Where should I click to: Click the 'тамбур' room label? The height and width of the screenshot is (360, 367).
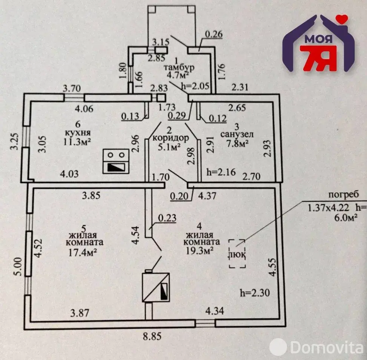(x=179, y=67)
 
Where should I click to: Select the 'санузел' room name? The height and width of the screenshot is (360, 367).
(x=237, y=134)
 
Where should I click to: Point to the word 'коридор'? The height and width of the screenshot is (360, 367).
(x=170, y=138)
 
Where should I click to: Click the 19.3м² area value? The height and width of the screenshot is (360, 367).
(x=200, y=251)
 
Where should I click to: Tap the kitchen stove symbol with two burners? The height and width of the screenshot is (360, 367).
(x=116, y=161)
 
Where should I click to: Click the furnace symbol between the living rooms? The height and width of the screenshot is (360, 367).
(x=156, y=287)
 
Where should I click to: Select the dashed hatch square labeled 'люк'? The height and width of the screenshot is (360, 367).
(x=237, y=253)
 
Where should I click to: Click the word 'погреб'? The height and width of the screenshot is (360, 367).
(x=344, y=195)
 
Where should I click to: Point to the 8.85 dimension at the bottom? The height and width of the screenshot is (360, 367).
(x=152, y=336)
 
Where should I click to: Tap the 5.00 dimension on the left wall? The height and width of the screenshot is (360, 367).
(x=19, y=267)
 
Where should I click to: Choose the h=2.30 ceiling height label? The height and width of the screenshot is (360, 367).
(x=255, y=293)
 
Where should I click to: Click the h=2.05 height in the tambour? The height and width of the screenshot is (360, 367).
(x=195, y=86)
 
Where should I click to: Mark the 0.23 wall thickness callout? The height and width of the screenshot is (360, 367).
(x=167, y=218)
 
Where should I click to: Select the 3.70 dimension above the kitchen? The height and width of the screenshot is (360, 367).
(x=72, y=89)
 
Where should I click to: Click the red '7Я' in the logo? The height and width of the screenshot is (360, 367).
(x=318, y=58)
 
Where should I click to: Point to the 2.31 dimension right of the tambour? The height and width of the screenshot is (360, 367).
(x=240, y=87)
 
